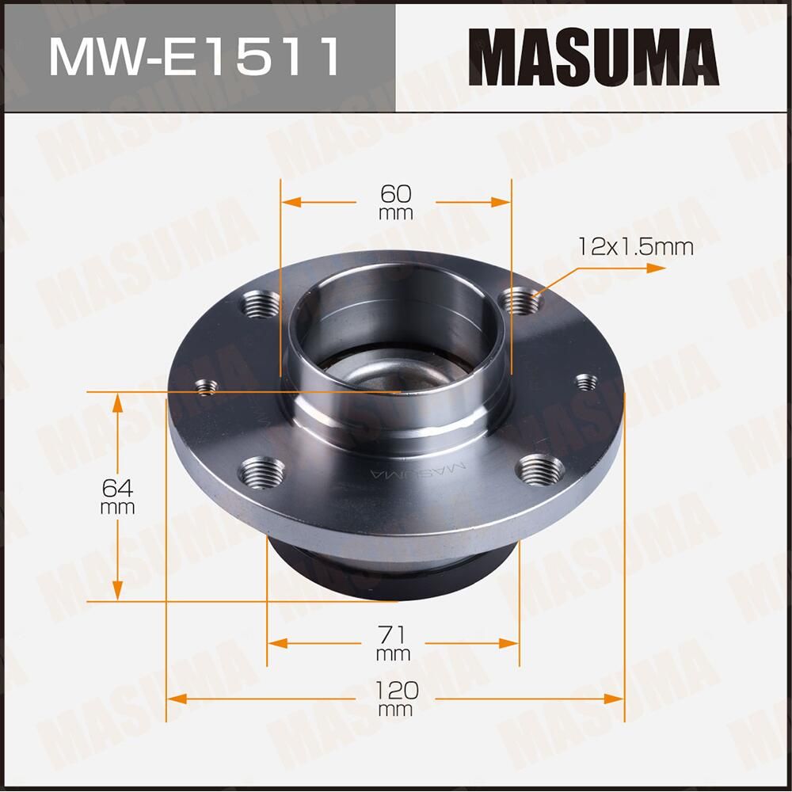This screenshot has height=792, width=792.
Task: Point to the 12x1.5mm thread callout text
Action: point(635,247)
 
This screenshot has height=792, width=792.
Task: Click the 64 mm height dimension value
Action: point(117,496)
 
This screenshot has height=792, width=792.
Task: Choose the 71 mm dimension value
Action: point(394,642)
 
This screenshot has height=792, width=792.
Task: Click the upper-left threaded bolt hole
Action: point(261,303)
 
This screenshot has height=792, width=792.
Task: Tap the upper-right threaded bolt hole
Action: point(522,300)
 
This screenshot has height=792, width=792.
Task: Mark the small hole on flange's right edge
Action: point(585,382)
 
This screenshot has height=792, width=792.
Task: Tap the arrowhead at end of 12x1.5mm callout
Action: point(657,268)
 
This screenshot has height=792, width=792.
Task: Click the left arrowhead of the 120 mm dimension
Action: point(176,699)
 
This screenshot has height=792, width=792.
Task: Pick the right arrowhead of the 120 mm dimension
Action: point(615,699)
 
